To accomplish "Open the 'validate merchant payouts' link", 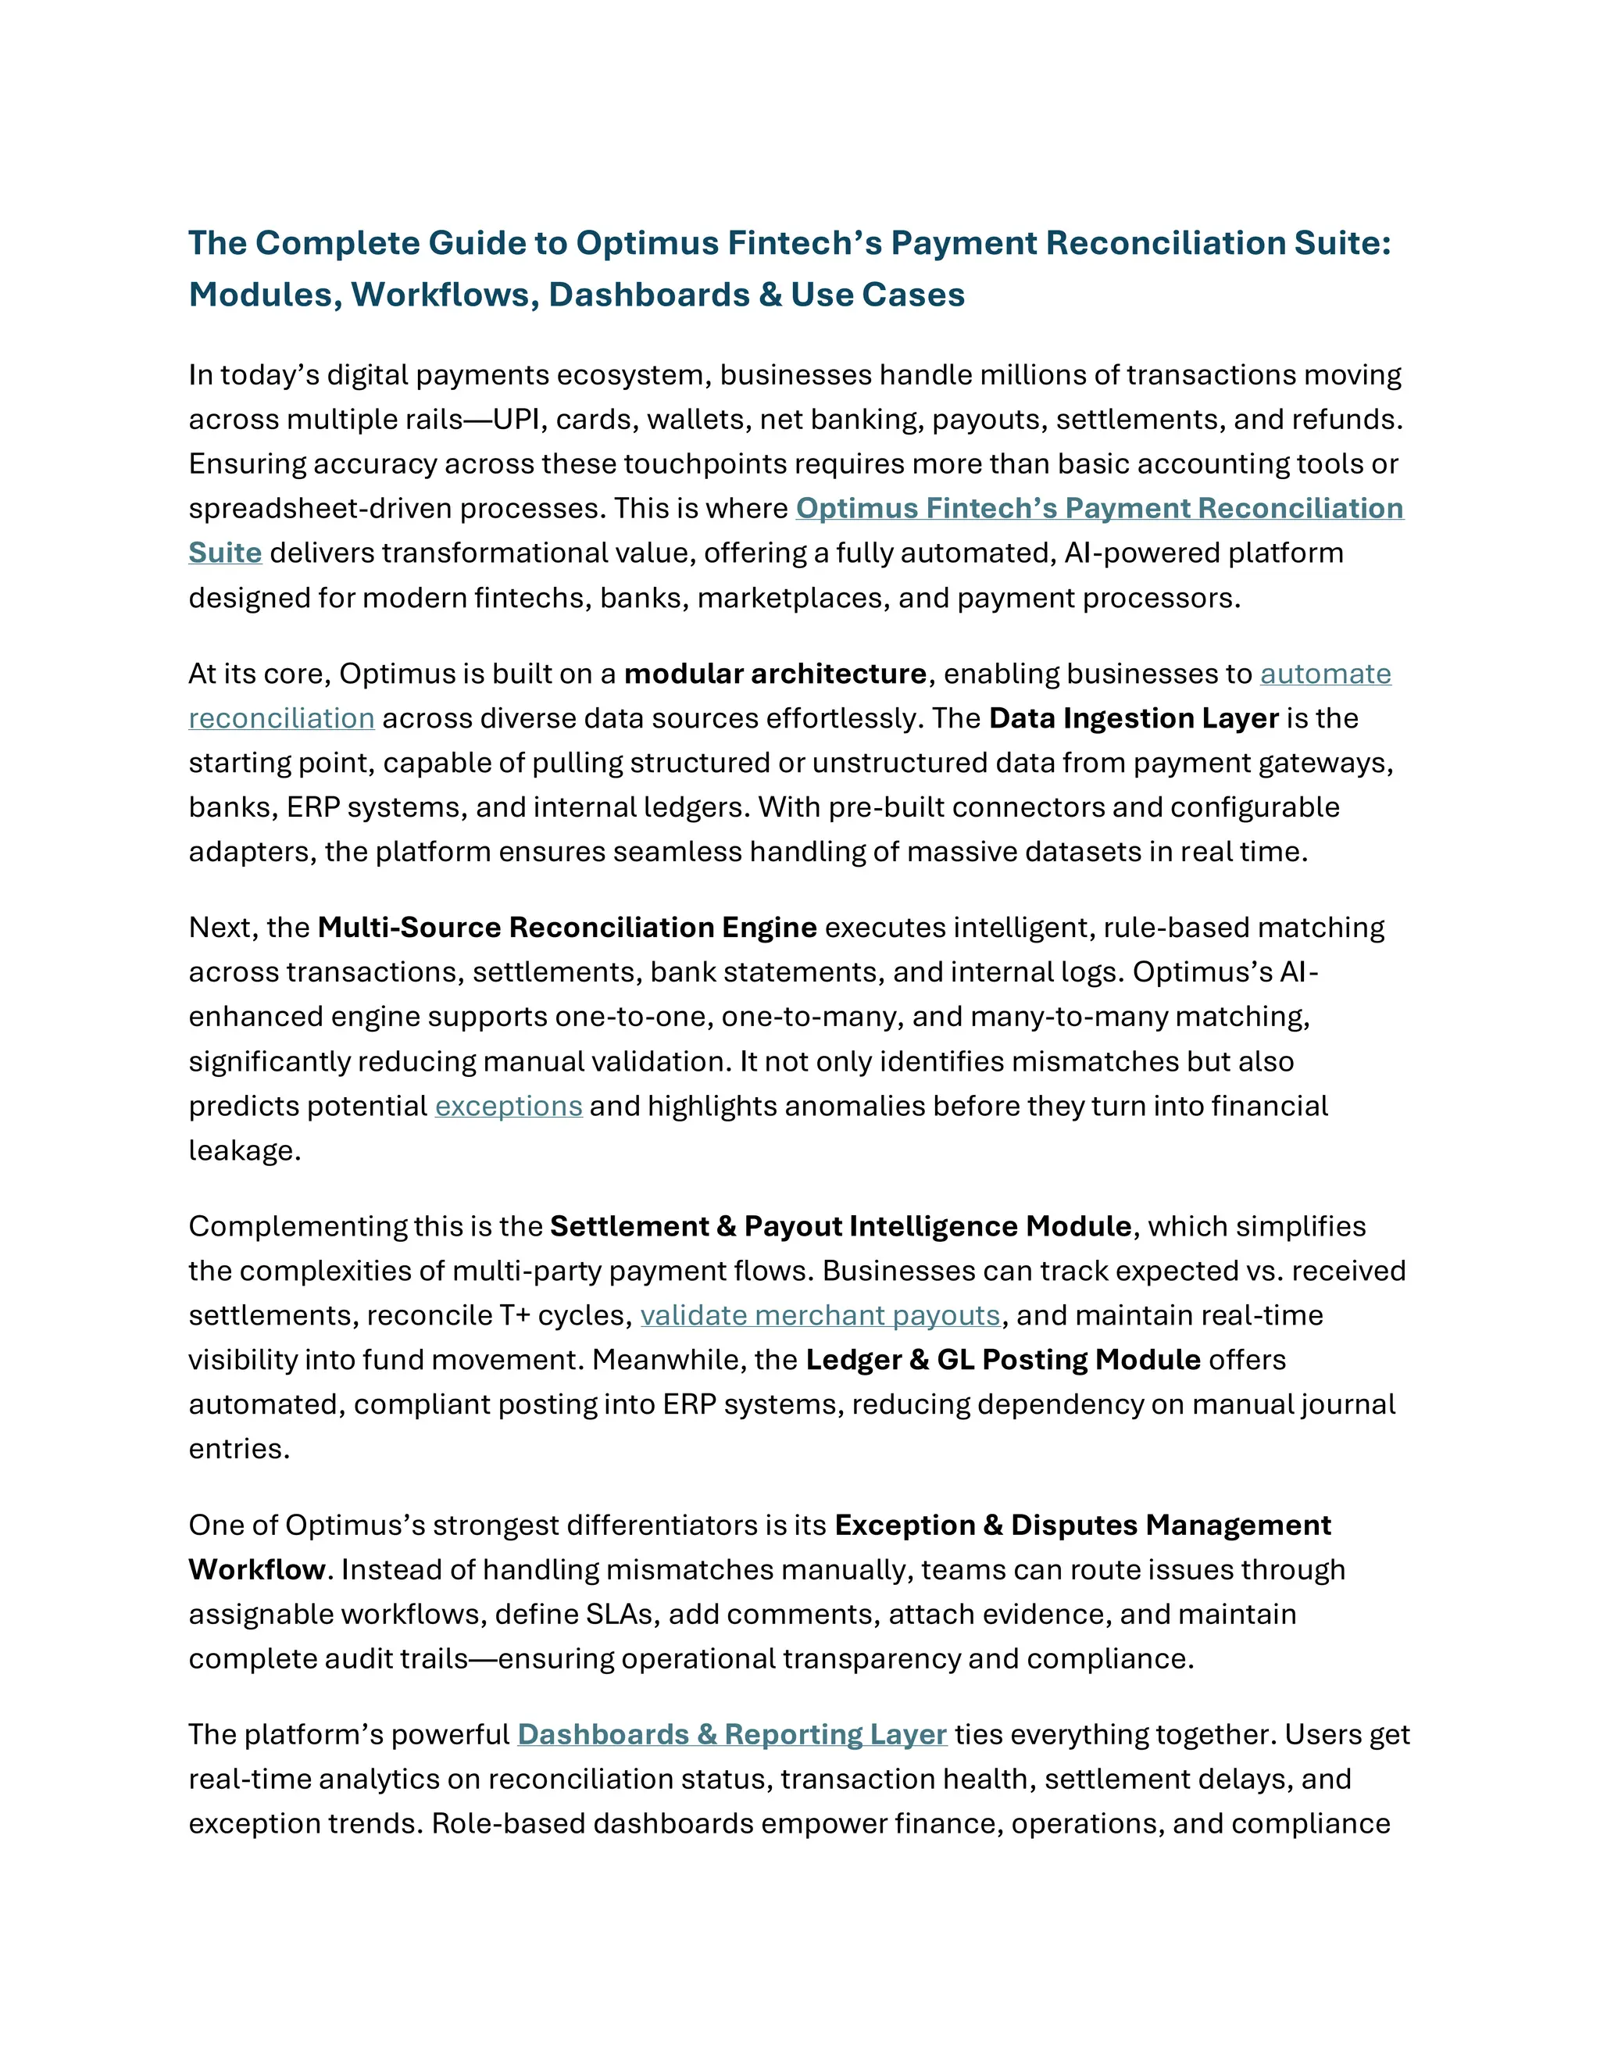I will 820,1316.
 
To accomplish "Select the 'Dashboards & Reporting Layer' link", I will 732,1734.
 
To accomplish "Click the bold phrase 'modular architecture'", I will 774,674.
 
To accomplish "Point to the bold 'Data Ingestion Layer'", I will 1133,719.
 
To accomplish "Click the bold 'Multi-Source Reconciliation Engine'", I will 567,928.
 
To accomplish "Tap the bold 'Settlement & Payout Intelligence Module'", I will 841,1227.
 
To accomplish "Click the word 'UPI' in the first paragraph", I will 516,420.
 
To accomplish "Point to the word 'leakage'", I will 244,1151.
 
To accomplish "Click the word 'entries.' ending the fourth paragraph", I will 239,1450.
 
